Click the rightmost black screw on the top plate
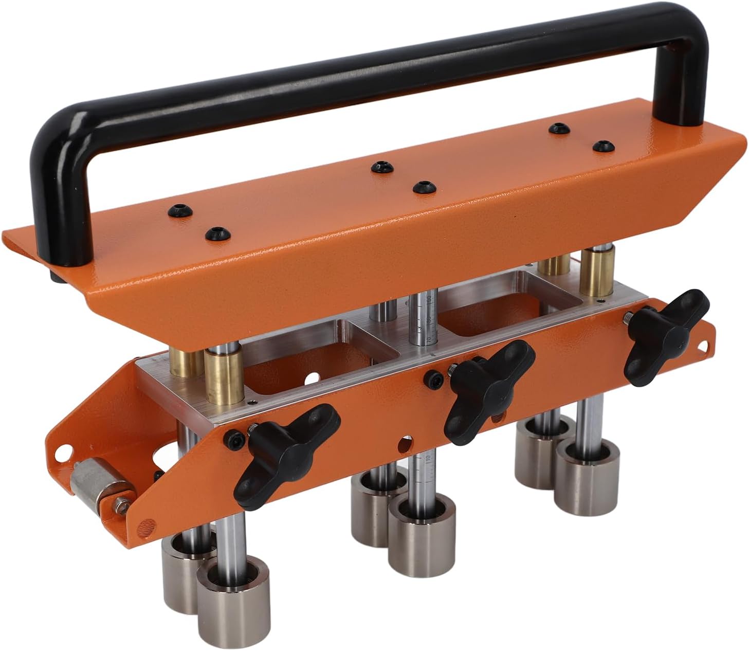pyautogui.click(x=603, y=147)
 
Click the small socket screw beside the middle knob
pyautogui.click(x=432, y=378)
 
